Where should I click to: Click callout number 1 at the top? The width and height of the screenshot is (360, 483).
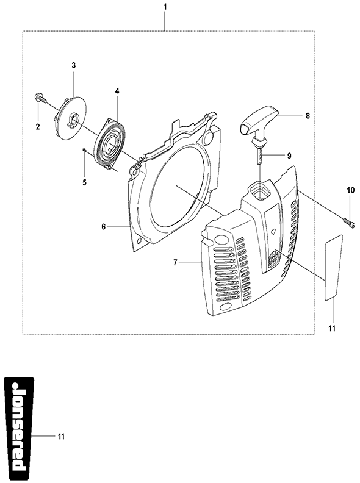(165, 7)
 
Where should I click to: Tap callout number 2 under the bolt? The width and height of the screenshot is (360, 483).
(38, 127)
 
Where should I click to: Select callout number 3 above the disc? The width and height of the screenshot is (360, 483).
(74, 65)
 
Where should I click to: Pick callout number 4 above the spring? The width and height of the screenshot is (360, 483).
(117, 91)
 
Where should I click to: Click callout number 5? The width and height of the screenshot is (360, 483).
(84, 182)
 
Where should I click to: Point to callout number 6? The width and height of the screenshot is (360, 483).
(104, 227)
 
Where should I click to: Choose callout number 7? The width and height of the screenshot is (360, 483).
(175, 262)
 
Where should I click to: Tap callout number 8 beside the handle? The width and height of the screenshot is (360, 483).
(308, 116)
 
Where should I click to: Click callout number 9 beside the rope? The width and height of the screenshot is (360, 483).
(289, 156)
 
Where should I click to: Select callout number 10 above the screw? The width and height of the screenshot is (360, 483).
(351, 191)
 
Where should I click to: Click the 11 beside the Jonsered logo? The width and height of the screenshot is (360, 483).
(61, 436)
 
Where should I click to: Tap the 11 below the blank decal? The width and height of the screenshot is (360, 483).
(332, 329)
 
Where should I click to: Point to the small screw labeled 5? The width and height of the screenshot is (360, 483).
(84, 149)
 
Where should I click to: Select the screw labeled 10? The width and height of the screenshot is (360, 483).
(348, 221)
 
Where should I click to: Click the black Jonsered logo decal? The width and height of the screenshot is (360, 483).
(18, 429)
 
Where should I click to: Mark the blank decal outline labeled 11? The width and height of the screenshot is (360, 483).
(333, 267)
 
